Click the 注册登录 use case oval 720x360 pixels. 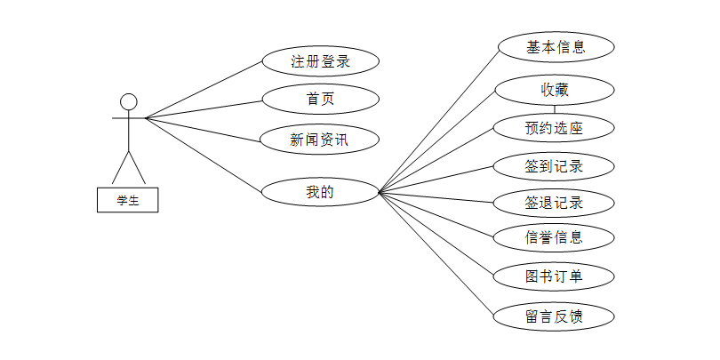[321, 61]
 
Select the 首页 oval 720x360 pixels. [321, 99]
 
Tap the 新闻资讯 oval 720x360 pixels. [321, 139]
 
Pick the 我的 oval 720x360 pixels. [320, 191]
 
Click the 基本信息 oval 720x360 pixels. [556, 47]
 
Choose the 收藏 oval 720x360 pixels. [555, 90]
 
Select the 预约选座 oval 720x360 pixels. [555, 128]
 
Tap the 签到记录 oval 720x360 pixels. [555, 166]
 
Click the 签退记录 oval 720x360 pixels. [555, 203]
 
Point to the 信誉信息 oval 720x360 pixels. [555, 237]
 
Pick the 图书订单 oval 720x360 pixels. [555, 276]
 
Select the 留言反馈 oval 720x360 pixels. [555, 316]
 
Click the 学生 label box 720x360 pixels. [128, 200]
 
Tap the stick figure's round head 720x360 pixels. [129, 100]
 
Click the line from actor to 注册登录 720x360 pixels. [204, 89]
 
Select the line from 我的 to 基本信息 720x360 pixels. [440, 119]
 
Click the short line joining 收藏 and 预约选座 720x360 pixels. [555, 109]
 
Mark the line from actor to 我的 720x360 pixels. [204, 154]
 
